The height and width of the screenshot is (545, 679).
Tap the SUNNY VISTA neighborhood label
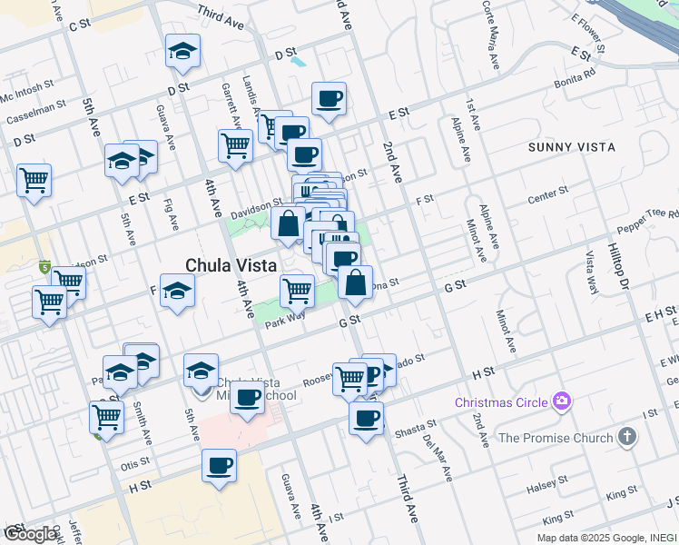(x=571, y=146)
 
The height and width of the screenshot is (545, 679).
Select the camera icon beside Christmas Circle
(x=563, y=401)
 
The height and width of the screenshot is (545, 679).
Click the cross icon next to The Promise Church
(x=625, y=438)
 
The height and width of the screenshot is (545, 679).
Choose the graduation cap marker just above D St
(x=182, y=51)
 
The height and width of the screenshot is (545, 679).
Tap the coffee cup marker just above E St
(x=329, y=98)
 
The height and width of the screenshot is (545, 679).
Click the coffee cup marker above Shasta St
(x=366, y=418)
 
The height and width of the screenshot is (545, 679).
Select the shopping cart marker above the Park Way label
(x=297, y=291)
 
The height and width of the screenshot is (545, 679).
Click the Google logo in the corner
(x=30, y=534)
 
